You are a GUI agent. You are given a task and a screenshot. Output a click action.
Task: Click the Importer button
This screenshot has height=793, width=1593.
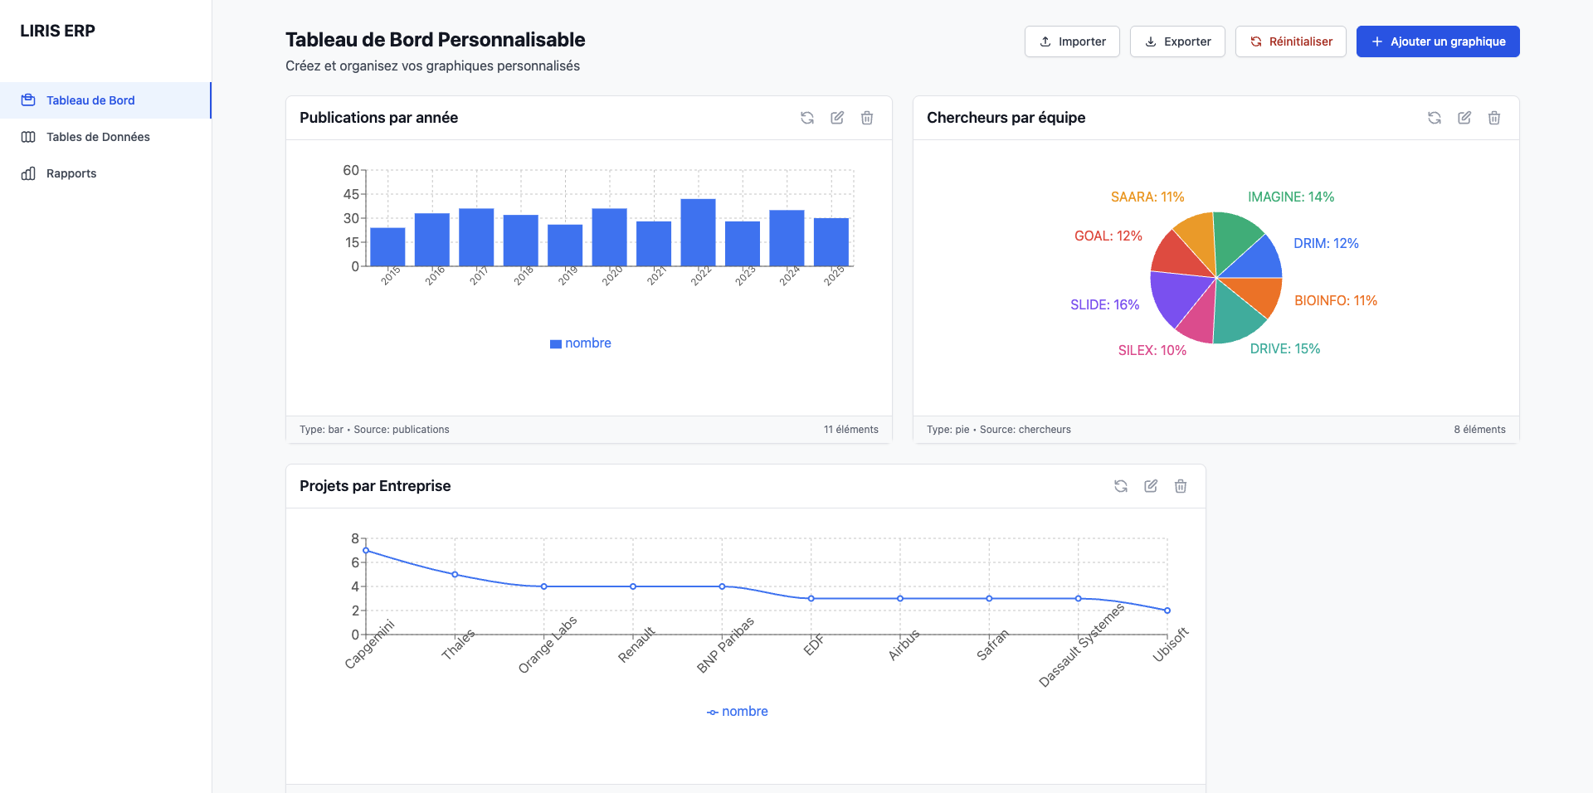1072,41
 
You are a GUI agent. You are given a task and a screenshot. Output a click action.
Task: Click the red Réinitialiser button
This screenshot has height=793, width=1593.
1290,41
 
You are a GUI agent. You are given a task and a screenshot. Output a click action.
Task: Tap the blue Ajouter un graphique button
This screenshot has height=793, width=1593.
1437,41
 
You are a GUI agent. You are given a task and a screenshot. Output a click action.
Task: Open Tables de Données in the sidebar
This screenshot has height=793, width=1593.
98,137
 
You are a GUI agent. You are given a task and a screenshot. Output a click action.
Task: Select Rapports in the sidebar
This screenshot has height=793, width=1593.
71,173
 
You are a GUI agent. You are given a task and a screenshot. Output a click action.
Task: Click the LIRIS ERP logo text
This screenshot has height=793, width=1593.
57,31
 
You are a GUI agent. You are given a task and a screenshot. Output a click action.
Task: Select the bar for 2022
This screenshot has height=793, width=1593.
698,232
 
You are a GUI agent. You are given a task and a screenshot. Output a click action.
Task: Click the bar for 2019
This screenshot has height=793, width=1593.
565,246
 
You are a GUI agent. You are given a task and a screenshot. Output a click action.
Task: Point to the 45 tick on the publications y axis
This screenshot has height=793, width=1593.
351,194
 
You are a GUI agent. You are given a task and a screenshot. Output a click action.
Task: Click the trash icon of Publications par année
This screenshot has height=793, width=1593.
866,118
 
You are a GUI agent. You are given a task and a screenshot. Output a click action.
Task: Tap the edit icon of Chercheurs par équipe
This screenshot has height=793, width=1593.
1464,118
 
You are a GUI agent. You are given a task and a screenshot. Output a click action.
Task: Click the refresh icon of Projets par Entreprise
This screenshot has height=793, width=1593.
1120,486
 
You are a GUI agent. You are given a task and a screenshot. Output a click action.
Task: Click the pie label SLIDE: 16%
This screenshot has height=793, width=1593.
1104,304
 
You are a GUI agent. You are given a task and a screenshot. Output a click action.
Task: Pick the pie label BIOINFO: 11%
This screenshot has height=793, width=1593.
1335,300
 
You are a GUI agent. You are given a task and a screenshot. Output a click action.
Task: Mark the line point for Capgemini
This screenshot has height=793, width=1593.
366,551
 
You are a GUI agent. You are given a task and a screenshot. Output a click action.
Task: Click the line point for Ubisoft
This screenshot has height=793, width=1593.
1167,611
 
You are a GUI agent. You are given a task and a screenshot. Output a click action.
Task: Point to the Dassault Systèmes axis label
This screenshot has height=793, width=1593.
1082,645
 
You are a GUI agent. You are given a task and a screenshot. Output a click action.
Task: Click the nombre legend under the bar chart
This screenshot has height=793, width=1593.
581,343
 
